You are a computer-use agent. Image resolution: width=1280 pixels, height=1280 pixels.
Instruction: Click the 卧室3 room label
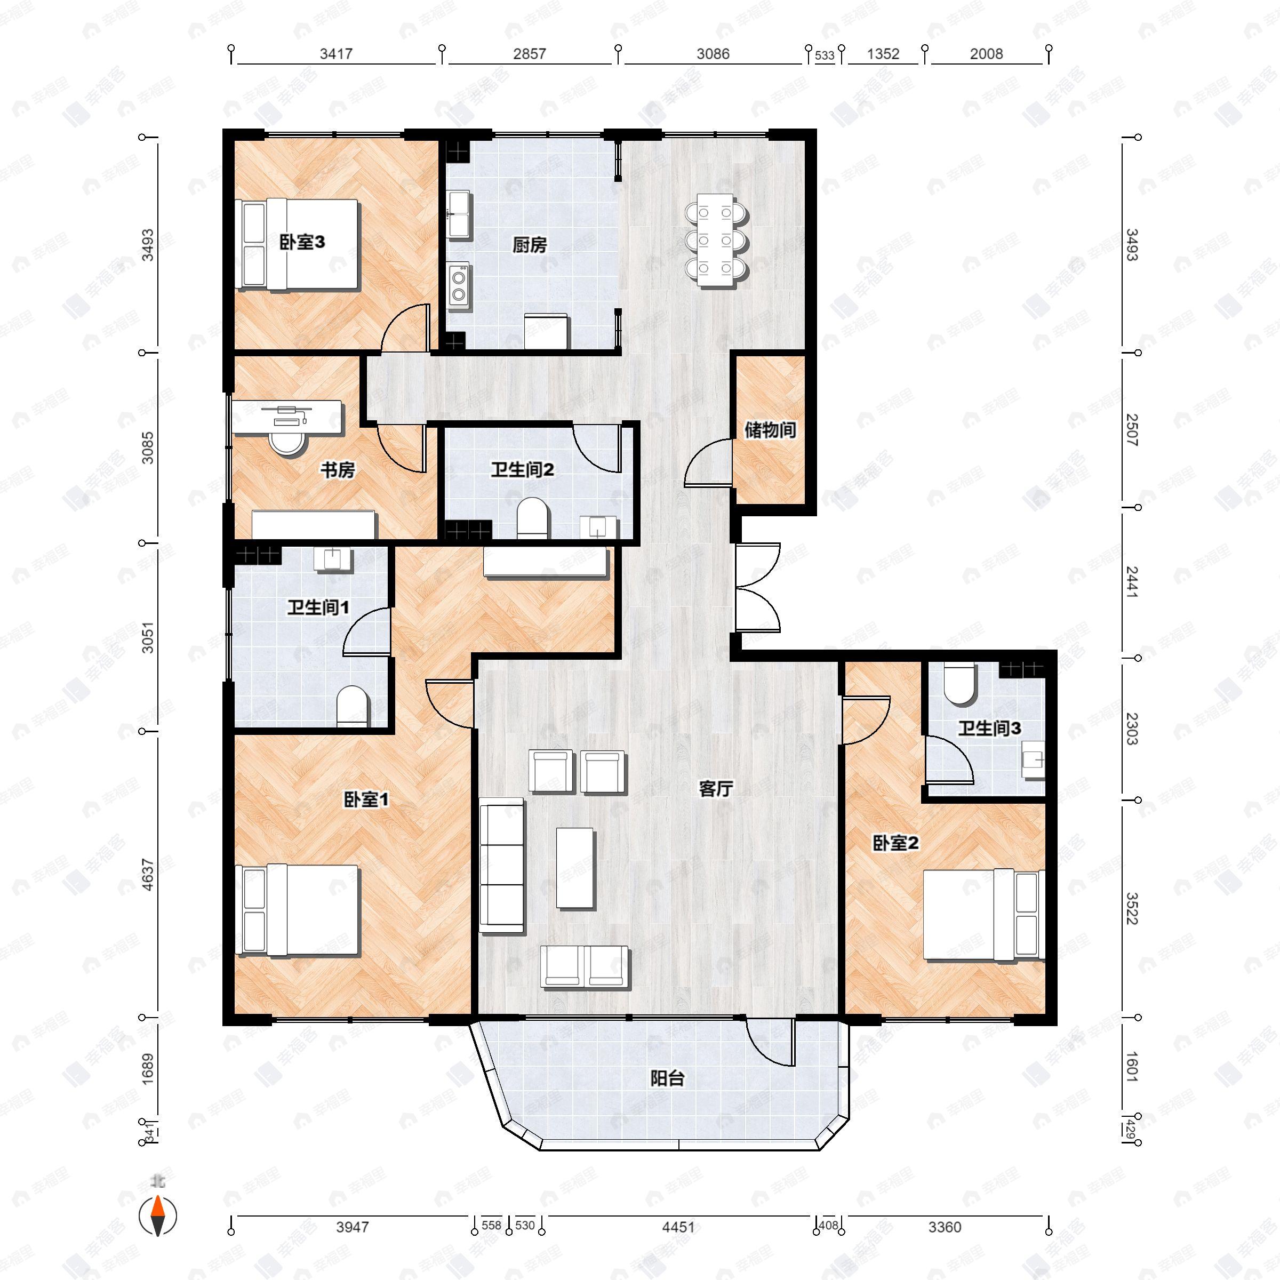[301, 243]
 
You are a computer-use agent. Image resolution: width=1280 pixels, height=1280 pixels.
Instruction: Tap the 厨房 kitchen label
[530, 245]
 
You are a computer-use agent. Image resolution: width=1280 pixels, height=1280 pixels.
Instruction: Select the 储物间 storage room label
[769, 430]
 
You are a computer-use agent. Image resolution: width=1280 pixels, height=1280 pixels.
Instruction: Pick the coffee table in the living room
[575, 867]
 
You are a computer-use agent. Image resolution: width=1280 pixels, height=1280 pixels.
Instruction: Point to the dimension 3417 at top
[336, 54]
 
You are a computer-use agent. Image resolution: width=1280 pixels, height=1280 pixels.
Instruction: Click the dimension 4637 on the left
[148, 875]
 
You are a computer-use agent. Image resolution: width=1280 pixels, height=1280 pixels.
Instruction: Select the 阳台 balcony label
[667, 1078]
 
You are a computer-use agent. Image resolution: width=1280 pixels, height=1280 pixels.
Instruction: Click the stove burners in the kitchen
[458, 285]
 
